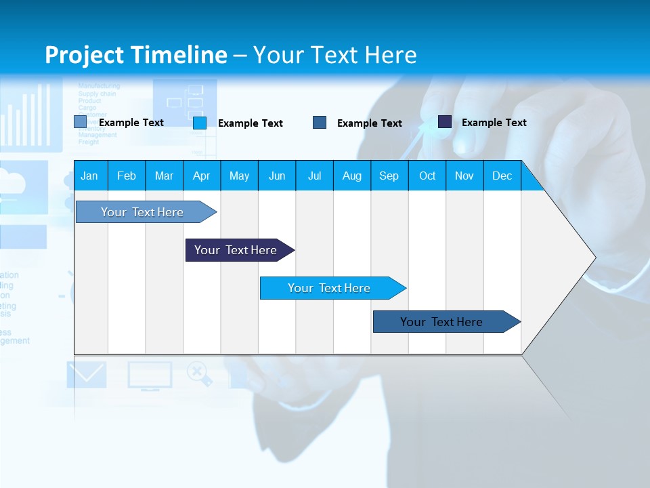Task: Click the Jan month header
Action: point(89,176)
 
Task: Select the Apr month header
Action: point(201,176)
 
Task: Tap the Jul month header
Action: point(314,176)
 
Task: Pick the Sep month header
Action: point(389,176)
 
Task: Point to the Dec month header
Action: point(502,176)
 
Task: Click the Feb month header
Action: point(127,176)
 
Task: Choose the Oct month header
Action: point(427,176)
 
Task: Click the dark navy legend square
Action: point(445,122)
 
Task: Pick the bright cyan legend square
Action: point(200,123)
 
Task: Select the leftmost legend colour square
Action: point(81,122)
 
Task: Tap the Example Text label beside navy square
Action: point(494,123)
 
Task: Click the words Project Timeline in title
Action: point(135,55)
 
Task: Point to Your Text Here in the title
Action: point(334,55)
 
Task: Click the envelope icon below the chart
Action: point(87,375)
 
